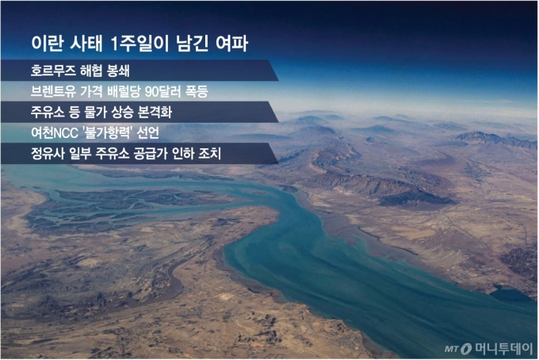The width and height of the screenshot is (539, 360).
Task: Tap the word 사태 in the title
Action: pyautogui.click(x=88, y=42)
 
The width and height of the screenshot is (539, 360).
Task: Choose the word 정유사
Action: pyautogui.click(x=44, y=153)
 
